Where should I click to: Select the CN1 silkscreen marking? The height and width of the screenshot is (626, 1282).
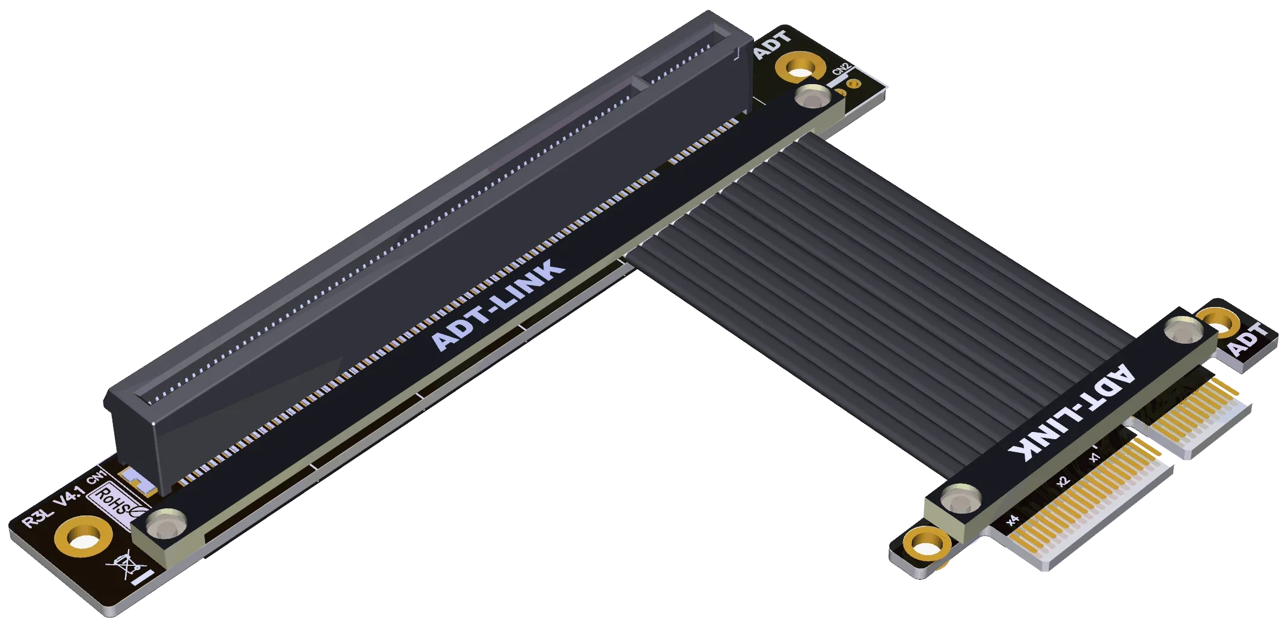(x=96, y=477)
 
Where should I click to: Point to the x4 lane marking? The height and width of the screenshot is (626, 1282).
(x=1013, y=520)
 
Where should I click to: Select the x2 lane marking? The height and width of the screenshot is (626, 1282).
(x=1063, y=481)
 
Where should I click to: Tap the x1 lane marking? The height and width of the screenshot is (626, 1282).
(x=1094, y=457)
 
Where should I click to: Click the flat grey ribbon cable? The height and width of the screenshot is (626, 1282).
(x=872, y=252)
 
